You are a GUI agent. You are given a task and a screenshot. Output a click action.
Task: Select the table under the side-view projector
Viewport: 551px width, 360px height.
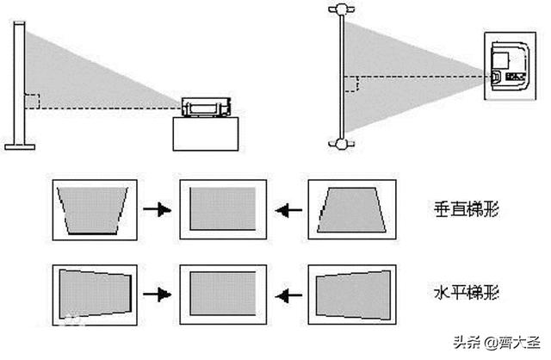tap(206, 133)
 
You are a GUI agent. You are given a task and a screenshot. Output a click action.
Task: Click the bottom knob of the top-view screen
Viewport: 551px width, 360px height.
tap(343, 143)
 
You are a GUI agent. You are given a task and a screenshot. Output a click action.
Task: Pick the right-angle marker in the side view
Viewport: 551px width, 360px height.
tap(32, 101)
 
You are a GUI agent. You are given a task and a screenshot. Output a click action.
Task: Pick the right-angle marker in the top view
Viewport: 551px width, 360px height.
tap(350, 84)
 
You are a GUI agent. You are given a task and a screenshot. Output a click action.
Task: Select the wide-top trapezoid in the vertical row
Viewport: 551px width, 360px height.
tap(90, 208)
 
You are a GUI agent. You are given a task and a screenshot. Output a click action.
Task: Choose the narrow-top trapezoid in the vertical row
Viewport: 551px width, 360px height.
tap(351, 209)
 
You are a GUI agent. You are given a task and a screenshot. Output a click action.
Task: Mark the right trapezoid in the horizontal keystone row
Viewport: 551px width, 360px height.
tap(351, 293)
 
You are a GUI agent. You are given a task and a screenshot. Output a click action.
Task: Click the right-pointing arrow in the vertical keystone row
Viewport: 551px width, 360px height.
tap(155, 209)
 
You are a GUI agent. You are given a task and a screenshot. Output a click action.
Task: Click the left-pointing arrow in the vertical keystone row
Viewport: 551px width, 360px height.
tap(286, 209)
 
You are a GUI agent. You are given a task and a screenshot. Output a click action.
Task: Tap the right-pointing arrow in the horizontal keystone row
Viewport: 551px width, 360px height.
tap(155, 293)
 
